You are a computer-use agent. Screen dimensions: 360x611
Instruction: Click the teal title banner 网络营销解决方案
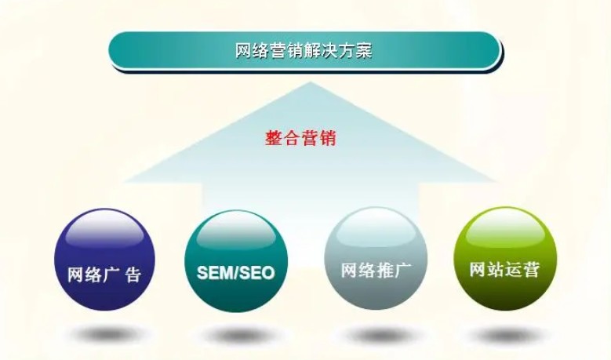[304, 50]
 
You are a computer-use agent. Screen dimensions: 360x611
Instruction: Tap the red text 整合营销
[301, 139]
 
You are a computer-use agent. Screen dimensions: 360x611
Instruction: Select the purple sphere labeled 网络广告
[104, 260]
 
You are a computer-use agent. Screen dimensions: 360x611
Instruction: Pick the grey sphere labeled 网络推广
[374, 260]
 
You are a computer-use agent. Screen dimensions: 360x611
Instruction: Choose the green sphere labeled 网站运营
[505, 259]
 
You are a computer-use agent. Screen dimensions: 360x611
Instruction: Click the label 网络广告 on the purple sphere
[104, 275]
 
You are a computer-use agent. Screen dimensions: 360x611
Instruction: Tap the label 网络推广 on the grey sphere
[374, 271]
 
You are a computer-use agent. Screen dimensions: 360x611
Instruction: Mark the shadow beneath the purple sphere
[104, 334]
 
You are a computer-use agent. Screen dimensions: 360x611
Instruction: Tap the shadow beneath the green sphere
[505, 334]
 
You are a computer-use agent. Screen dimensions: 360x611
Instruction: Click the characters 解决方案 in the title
[337, 51]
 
